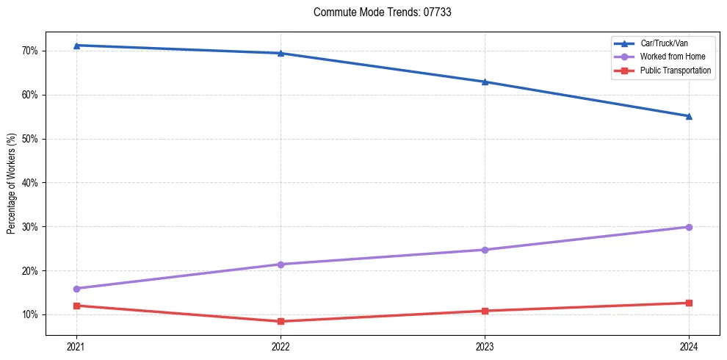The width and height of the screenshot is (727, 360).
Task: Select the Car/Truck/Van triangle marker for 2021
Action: tap(76, 46)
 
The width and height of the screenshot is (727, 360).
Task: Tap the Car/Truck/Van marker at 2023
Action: tap(485, 82)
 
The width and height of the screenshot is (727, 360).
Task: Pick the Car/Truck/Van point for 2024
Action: tap(689, 116)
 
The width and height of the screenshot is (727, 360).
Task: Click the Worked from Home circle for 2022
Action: tap(281, 264)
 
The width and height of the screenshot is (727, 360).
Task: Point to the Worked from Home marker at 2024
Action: tap(689, 227)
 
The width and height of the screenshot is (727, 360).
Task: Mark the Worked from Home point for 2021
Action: tap(76, 289)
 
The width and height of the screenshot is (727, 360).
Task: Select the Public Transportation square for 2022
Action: tap(281, 321)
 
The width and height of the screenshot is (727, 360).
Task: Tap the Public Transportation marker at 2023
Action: tap(485, 311)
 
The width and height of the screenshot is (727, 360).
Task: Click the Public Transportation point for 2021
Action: tap(76, 306)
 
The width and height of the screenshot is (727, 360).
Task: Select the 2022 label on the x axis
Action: tap(281, 346)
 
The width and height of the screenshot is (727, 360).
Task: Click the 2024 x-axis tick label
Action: tap(689, 346)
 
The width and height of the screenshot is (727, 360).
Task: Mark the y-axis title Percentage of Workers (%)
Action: tap(11, 183)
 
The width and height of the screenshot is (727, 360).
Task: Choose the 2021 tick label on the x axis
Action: tap(76, 346)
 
